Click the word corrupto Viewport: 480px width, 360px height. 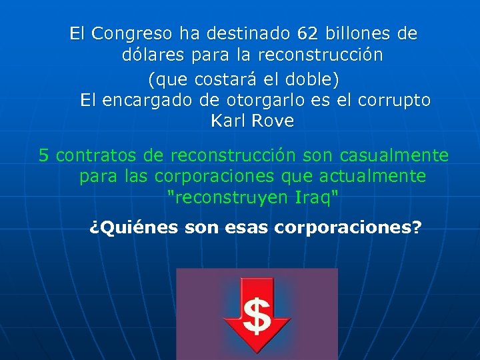(394, 101)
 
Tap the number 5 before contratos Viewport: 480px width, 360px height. (44, 156)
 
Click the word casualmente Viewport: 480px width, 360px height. (394, 156)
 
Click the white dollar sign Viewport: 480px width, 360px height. (256, 316)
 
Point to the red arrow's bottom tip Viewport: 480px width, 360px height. (257, 353)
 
